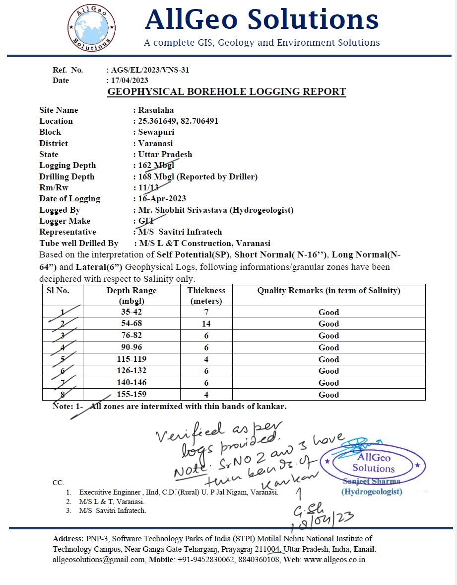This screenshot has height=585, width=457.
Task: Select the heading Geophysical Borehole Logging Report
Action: (227, 92)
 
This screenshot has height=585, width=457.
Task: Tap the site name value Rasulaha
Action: (156, 110)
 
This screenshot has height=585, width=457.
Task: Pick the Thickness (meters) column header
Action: (206, 295)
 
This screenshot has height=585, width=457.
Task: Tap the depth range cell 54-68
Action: (131, 324)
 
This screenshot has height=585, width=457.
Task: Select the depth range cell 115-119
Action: (131, 359)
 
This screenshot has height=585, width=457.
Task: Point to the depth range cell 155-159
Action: (131, 395)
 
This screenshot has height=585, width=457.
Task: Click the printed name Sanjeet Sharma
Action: (372, 481)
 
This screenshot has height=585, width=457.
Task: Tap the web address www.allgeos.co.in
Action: (334, 559)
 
